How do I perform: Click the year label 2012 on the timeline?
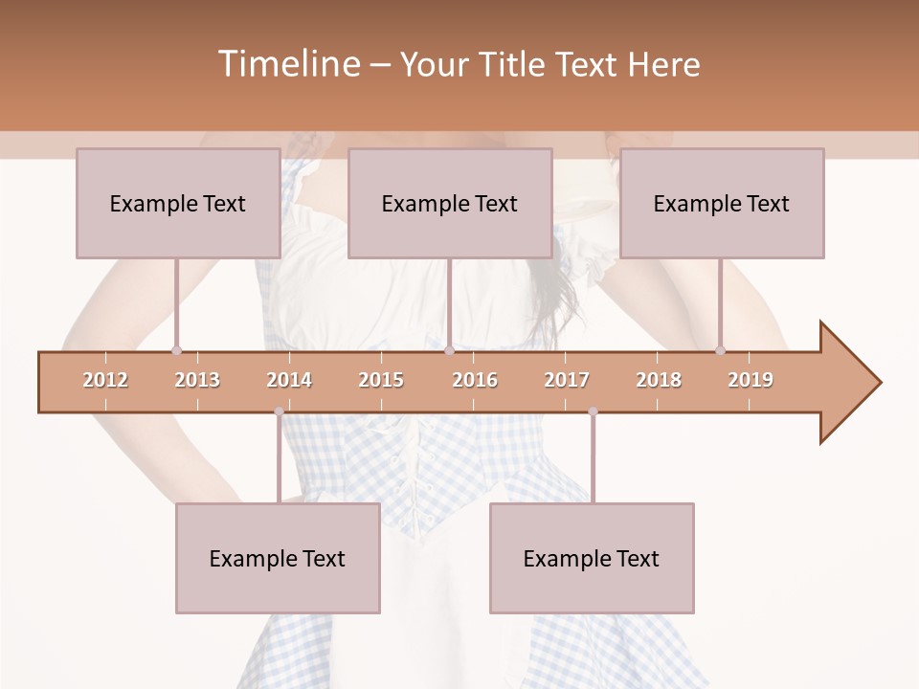105,380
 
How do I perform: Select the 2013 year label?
197,380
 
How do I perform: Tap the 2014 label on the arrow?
289,380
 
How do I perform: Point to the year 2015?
381,380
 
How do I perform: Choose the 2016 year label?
475,380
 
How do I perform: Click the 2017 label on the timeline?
567,380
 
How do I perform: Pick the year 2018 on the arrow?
659,380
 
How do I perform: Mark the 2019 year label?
751,380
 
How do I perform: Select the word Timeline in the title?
286,64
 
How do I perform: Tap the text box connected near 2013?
178,203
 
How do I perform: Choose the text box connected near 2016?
450,203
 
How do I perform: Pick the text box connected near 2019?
722,203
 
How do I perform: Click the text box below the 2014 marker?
278,558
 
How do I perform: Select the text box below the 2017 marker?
592,558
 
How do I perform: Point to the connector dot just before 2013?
176,351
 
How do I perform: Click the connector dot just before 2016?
449,351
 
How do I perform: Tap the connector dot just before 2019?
721,351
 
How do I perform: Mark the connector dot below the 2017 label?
593,411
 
